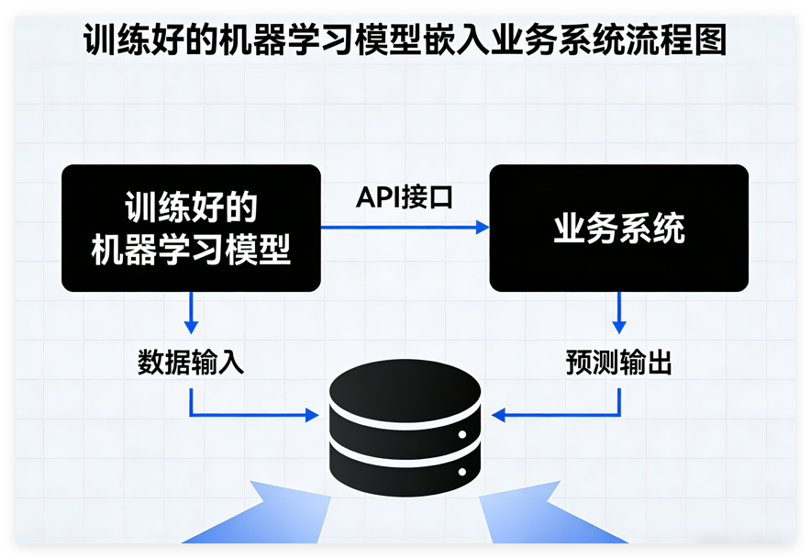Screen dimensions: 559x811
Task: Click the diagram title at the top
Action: coord(405,41)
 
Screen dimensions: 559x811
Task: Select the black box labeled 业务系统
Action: coord(618,228)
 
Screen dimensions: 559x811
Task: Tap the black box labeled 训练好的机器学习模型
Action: coord(191,228)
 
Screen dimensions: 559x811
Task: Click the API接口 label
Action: coord(405,197)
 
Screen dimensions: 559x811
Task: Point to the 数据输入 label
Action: coord(191,363)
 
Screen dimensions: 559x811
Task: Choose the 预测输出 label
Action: coord(618,363)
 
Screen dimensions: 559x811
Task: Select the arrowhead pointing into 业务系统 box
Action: coord(483,227)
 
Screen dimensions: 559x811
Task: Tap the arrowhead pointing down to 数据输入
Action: coord(191,326)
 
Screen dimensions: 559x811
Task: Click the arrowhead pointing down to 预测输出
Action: coord(619,326)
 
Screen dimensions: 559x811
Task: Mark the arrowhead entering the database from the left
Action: coord(312,416)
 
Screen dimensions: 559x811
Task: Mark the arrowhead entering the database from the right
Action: coord(498,416)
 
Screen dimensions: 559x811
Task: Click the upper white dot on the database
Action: coord(462,434)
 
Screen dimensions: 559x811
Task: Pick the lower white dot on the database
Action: coord(462,472)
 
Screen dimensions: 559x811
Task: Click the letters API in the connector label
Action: coord(375,197)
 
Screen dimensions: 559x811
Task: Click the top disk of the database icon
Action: coord(405,390)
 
